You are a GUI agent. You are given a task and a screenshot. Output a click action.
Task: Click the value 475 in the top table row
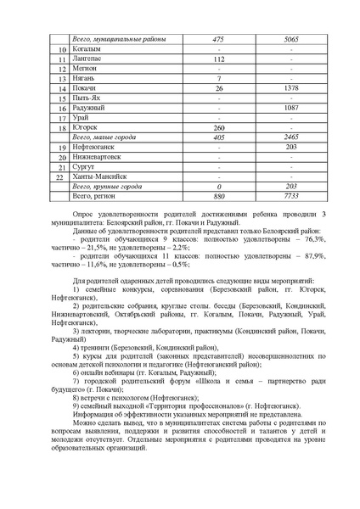click(x=218, y=40)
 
